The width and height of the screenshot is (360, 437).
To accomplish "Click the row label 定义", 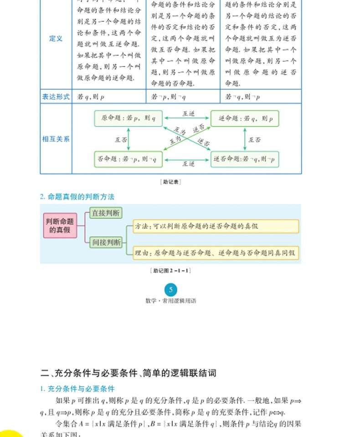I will [x=56, y=39].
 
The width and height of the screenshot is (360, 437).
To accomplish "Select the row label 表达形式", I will [x=56, y=97].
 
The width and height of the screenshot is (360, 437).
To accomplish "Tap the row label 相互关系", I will [x=56, y=139].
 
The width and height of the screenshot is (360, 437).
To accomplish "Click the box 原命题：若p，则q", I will [x=128, y=118].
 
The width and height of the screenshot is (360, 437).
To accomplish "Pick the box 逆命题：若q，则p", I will [x=245, y=118].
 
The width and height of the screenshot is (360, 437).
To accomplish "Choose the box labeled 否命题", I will [x=128, y=159].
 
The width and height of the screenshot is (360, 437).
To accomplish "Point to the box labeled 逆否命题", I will [x=245, y=159].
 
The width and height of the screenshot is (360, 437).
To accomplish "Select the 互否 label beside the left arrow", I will [x=120, y=140].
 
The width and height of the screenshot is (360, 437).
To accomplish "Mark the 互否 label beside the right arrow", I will [x=255, y=140].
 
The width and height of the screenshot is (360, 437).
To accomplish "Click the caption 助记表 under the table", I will [x=171, y=182].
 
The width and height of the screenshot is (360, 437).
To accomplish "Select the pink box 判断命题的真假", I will [x=60, y=225].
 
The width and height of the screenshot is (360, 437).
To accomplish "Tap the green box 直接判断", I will [x=106, y=213].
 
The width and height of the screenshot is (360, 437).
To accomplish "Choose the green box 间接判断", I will [x=106, y=242].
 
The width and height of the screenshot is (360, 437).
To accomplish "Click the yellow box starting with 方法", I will [x=216, y=226].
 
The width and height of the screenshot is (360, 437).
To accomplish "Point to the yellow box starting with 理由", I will [x=216, y=253].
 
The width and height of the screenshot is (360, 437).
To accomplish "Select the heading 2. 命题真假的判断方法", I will [x=77, y=197].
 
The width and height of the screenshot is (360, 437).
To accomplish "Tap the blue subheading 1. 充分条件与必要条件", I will [x=77, y=389].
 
